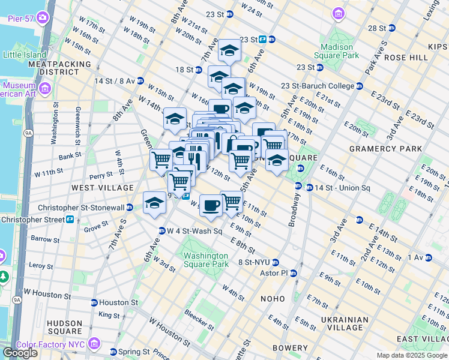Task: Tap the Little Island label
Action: pos(23,55)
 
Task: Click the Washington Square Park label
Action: pos(206,260)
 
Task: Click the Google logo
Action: pos(20,353)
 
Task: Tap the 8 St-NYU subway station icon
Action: pos(276,262)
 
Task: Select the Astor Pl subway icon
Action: pos(294,273)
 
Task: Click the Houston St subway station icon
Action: pos(94,302)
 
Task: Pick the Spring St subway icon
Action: pos(113,352)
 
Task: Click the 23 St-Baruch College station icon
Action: pos(360,86)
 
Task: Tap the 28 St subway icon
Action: pos(392,28)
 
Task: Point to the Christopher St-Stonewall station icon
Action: pos(130,208)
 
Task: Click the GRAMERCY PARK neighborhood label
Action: pos(379,148)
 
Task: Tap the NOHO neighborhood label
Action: pos(273,298)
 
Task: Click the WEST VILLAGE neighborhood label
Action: pos(102,188)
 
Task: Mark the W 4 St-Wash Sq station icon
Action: pos(161,231)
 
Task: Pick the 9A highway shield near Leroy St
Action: pos(16,299)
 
